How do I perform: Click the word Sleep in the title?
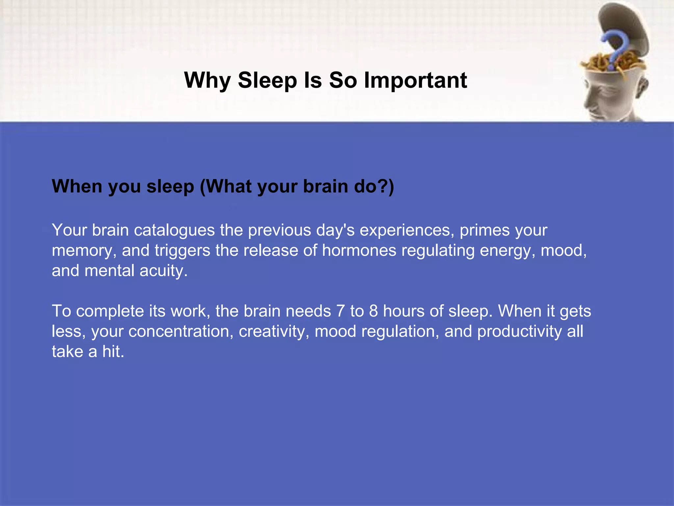(x=267, y=80)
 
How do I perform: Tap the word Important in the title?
(x=415, y=80)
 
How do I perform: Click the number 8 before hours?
(x=373, y=311)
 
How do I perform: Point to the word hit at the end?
(x=113, y=351)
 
